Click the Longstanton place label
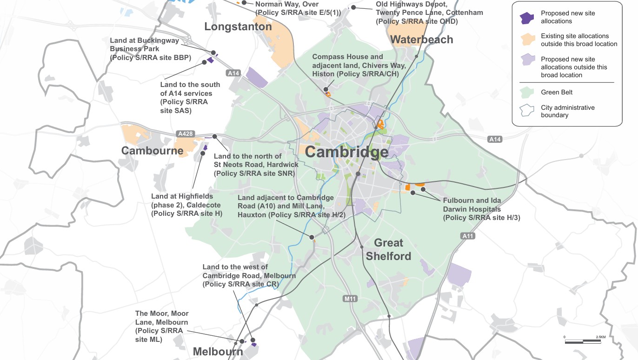click(238, 27)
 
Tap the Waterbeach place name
click(422, 40)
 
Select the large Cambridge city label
click(346, 152)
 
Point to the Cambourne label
click(152, 151)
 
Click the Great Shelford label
click(388, 249)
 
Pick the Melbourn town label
click(218, 352)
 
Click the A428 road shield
click(185, 134)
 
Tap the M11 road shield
click(350, 299)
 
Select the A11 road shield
click(468, 236)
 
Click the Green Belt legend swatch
click(527, 93)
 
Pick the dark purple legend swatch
click(527, 17)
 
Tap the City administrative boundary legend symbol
click(527, 110)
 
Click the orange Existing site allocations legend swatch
click(527, 39)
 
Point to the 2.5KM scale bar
click(582, 342)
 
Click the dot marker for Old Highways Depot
click(353, 7)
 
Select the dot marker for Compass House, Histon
click(326, 89)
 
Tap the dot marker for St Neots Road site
click(215, 136)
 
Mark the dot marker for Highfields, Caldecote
click(203, 153)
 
